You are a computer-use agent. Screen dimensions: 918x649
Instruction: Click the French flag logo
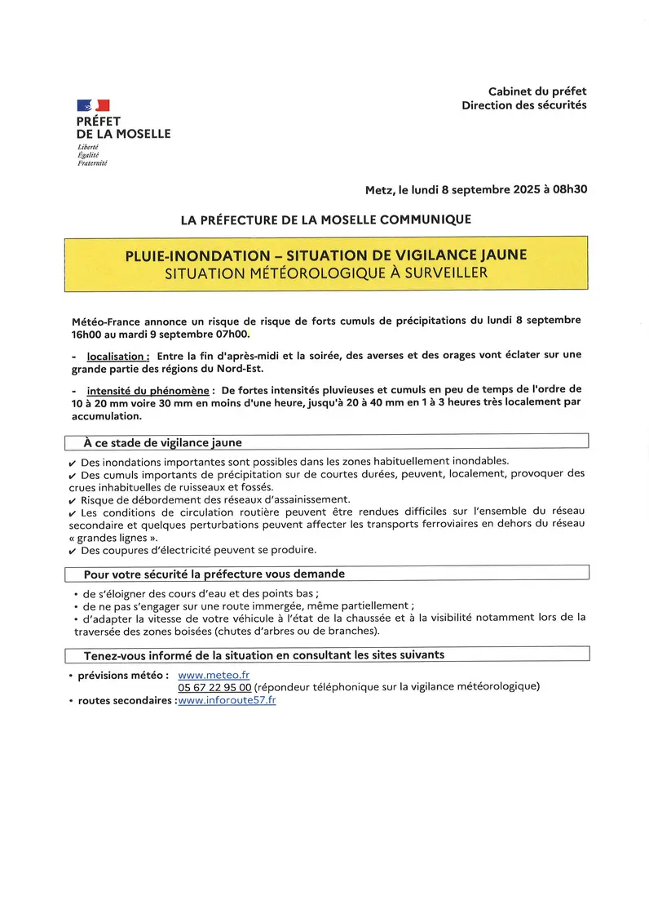coord(94,105)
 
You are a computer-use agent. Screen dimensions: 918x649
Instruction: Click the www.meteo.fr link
coord(214,675)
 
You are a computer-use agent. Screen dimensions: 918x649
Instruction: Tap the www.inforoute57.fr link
coord(227,700)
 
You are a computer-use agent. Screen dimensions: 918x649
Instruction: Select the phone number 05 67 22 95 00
coord(214,687)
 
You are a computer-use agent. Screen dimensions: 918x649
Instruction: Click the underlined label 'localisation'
coord(117,356)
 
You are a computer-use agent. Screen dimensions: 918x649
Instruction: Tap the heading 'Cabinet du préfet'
coord(537,91)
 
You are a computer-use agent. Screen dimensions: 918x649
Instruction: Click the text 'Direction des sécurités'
coord(524,105)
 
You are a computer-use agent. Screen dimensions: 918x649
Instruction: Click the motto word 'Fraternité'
coord(91,163)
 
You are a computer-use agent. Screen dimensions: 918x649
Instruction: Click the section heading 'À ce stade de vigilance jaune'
coord(162,442)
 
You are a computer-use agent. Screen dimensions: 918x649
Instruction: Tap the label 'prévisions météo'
coord(123,676)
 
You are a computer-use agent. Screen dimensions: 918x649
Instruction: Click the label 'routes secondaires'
coord(126,701)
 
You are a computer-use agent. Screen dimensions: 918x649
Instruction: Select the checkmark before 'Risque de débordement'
coord(73,500)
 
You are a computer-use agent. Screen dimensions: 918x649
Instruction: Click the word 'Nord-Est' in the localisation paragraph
coord(239,367)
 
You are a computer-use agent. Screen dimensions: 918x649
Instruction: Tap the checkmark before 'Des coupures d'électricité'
coord(73,551)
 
